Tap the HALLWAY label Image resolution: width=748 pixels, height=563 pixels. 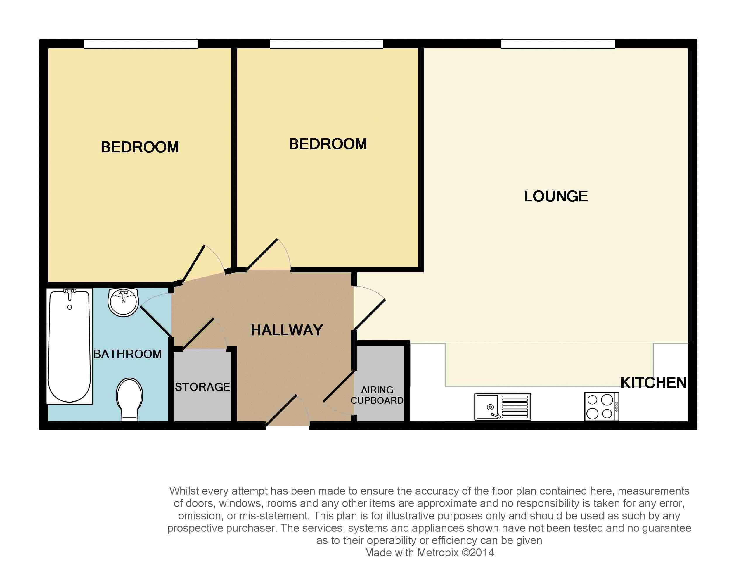[x=287, y=330]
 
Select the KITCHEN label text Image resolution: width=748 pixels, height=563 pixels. [x=653, y=383]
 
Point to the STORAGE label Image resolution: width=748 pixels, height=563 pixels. [x=202, y=387]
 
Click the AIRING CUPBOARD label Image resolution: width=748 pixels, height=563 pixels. [x=377, y=395]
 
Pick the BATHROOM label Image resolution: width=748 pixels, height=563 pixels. [x=127, y=354]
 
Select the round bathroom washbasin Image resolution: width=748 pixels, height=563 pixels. [x=123, y=302]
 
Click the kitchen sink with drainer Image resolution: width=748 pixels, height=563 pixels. [x=503, y=407]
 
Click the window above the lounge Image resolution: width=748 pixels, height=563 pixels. [x=557, y=44]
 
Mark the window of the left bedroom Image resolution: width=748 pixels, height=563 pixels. [x=141, y=44]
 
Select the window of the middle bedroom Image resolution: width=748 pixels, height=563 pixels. [x=326, y=44]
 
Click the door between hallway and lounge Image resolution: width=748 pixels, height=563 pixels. [x=370, y=314]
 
